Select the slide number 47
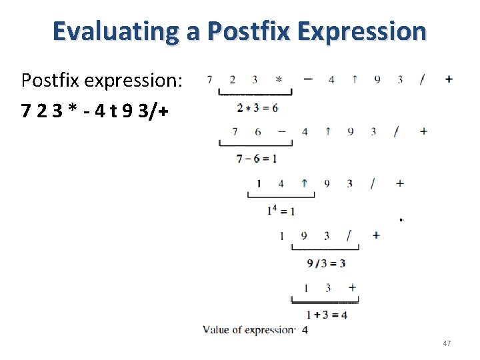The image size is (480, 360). pyautogui.click(x=447, y=343)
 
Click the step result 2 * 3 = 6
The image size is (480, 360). pyautogui.click(x=257, y=107)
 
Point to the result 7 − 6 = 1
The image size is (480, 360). pyautogui.click(x=257, y=159)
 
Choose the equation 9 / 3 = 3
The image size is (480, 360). pyautogui.click(x=326, y=263)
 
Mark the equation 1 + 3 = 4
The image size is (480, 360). pyautogui.click(x=326, y=315)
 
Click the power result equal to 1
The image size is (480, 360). pyautogui.click(x=281, y=211)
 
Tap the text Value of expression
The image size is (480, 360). pyautogui.click(x=249, y=330)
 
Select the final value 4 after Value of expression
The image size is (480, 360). pyautogui.click(x=305, y=330)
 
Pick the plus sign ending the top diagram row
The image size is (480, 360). pyautogui.click(x=448, y=79)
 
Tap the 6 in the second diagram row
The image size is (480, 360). pyautogui.click(x=258, y=131)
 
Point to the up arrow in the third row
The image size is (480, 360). pyautogui.click(x=304, y=183)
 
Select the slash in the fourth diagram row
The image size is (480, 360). pyautogui.click(x=349, y=235)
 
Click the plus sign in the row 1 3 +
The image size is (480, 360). pyautogui.click(x=352, y=287)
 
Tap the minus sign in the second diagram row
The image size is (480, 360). pyautogui.click(x=282, y=131)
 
